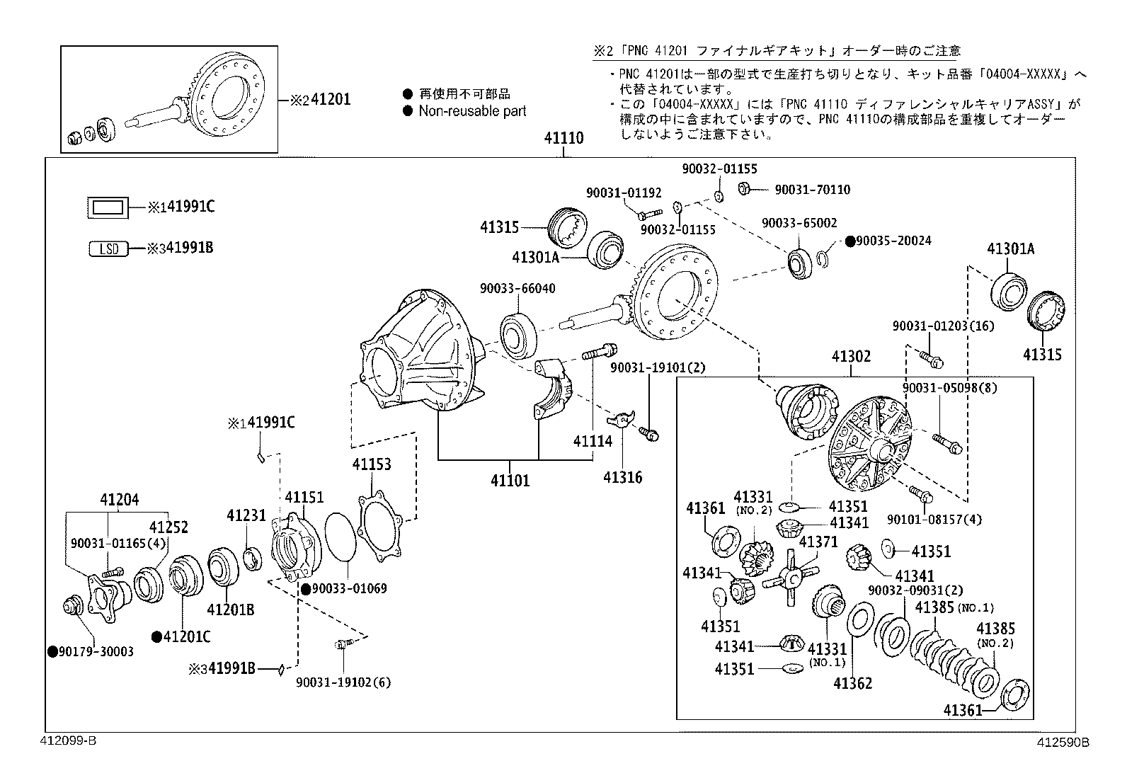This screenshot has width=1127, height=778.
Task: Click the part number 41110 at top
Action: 563,138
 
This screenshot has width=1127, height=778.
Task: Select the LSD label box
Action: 109,248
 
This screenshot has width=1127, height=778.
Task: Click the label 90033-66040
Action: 517,289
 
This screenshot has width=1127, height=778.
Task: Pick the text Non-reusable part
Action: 472,111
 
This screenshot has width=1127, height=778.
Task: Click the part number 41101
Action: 510,481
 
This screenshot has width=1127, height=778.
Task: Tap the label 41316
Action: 622,478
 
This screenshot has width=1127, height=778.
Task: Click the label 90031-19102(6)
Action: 343,682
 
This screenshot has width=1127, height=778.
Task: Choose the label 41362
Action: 852,683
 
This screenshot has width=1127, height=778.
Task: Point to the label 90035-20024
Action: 893,241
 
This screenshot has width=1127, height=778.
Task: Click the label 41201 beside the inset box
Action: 330,100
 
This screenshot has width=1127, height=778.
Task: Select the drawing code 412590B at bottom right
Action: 1062,742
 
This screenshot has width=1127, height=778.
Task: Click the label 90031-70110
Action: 812,190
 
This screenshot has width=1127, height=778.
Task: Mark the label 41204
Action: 119,500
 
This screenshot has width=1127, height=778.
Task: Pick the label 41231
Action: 245,516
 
